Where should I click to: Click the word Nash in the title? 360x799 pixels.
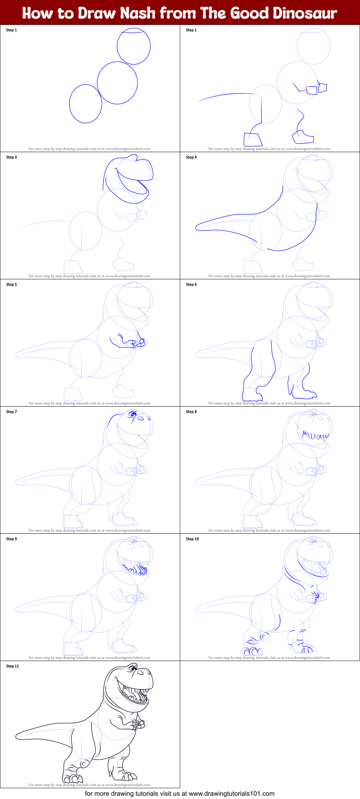[x=138, y=13]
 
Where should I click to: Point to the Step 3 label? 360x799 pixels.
[x=12, y=157]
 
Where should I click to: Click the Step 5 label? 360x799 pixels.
[x=12, y=285]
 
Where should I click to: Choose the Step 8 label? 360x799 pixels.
[x=191, y=412]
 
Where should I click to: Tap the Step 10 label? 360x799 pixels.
[x=192, y=539]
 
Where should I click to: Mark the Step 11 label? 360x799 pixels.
[x=13, y=666]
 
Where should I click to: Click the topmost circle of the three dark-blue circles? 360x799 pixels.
[x=134, y=46]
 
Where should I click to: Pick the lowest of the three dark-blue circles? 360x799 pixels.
[x=85, y=104]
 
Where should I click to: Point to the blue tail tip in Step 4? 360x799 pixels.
[x=197, y=227]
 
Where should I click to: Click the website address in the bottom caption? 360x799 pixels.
[x=231, y=794]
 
